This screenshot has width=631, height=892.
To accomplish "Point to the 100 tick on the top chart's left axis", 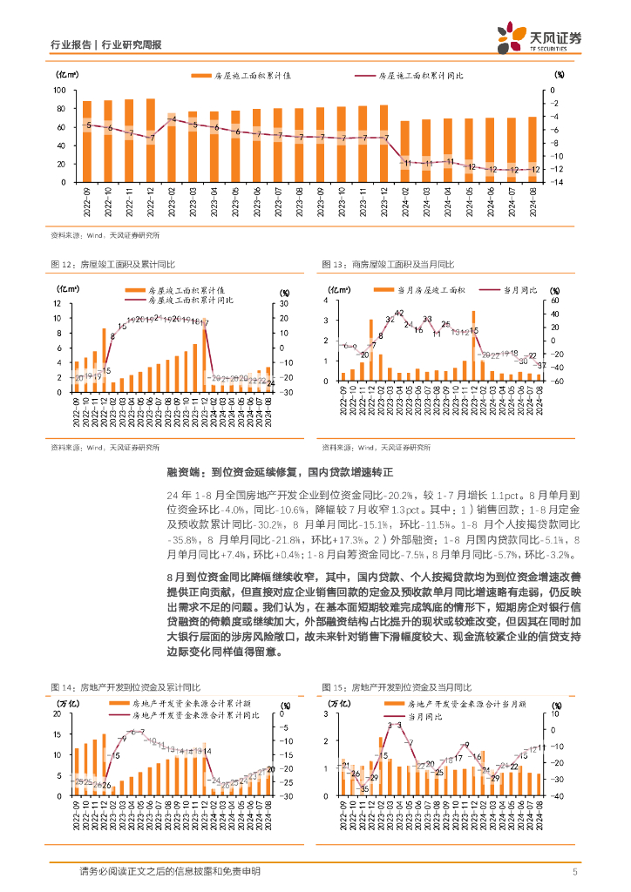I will pos(60,91).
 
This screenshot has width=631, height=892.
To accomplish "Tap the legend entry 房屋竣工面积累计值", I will pos(187,289).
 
